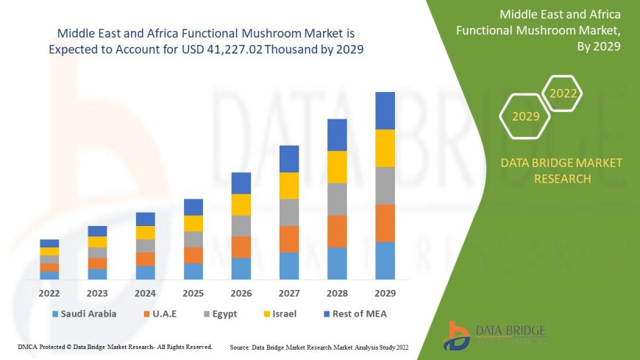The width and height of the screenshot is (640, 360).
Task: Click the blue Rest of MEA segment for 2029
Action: (385, 110)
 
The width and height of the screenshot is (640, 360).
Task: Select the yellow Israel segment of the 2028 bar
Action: (336, 166)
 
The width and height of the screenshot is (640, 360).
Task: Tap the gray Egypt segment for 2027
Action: (288, 212)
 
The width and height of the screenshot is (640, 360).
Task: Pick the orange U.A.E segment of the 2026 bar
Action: (241, 247)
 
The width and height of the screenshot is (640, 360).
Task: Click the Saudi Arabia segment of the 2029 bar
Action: (385, 261)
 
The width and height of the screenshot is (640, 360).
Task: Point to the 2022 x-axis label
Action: (49, 292)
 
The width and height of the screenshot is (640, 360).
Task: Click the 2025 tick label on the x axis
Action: (193, 292)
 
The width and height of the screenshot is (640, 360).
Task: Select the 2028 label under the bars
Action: (336, 292)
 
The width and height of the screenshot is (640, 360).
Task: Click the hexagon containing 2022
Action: (563, 93)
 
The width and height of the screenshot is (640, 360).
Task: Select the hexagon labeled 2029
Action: (525, 116)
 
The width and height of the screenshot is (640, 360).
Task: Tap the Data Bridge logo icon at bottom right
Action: (458, 336)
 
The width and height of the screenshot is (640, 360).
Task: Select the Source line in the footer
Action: (319, 346)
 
